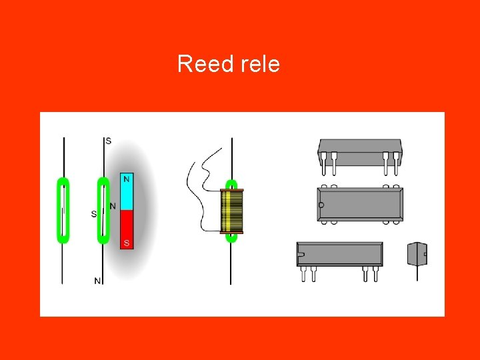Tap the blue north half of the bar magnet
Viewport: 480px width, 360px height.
pos(127,192)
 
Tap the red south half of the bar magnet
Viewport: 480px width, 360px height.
pos(127,229)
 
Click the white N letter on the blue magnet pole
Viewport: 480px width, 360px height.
pos(127,179)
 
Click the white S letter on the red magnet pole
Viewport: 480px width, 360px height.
pos(127,242)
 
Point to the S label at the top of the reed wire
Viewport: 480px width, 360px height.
pos(108,141)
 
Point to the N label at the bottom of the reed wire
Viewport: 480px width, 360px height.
pos(97,281)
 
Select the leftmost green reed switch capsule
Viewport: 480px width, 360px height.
pos(63,210)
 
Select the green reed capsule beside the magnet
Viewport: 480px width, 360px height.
pos(103,210)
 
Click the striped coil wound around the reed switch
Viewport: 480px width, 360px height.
pos(232,211)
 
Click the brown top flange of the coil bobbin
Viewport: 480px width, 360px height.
pos(232,191)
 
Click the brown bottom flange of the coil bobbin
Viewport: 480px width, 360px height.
pos(232,232)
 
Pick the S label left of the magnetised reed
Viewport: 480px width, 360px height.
pos(94,214)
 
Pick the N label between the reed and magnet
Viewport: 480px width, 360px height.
pos(113,206)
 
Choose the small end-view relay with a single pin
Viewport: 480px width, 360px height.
pos(417,254)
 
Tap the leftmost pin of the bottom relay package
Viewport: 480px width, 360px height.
pos(303,273)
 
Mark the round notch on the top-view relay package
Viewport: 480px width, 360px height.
pos(321,205)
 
